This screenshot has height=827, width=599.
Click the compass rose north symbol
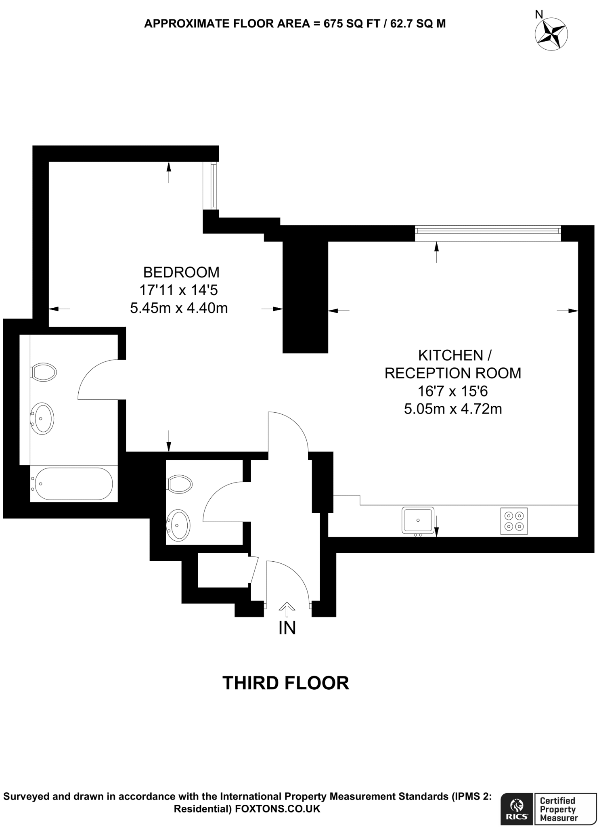pos(551,34)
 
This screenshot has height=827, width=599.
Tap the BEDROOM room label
pos(181,273)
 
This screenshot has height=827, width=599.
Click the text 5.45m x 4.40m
pos(179,308)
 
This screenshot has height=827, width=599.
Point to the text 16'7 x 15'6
pos(453,391)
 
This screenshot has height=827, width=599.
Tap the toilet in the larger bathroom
pos(44,372)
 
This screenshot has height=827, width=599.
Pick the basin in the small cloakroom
pos(178,525)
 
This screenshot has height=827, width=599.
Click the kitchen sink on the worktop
pos(418,520)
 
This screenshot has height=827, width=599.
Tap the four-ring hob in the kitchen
pos(514,521)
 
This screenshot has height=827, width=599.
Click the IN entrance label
pos(287,628)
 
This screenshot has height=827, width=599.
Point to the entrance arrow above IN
pos(287,609)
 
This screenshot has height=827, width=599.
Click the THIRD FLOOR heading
pos(286,683)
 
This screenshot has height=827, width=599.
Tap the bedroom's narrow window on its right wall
pos(213,185)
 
